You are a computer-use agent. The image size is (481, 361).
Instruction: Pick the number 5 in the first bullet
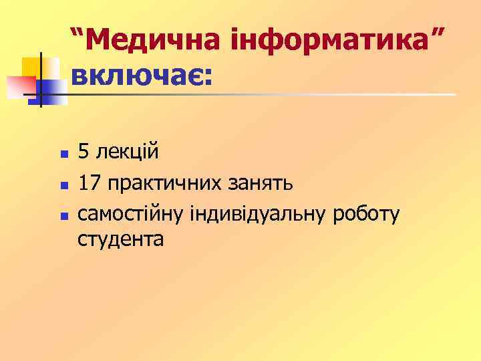click(x=84, y=152)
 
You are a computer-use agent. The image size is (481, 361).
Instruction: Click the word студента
click(x=120, y=239)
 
